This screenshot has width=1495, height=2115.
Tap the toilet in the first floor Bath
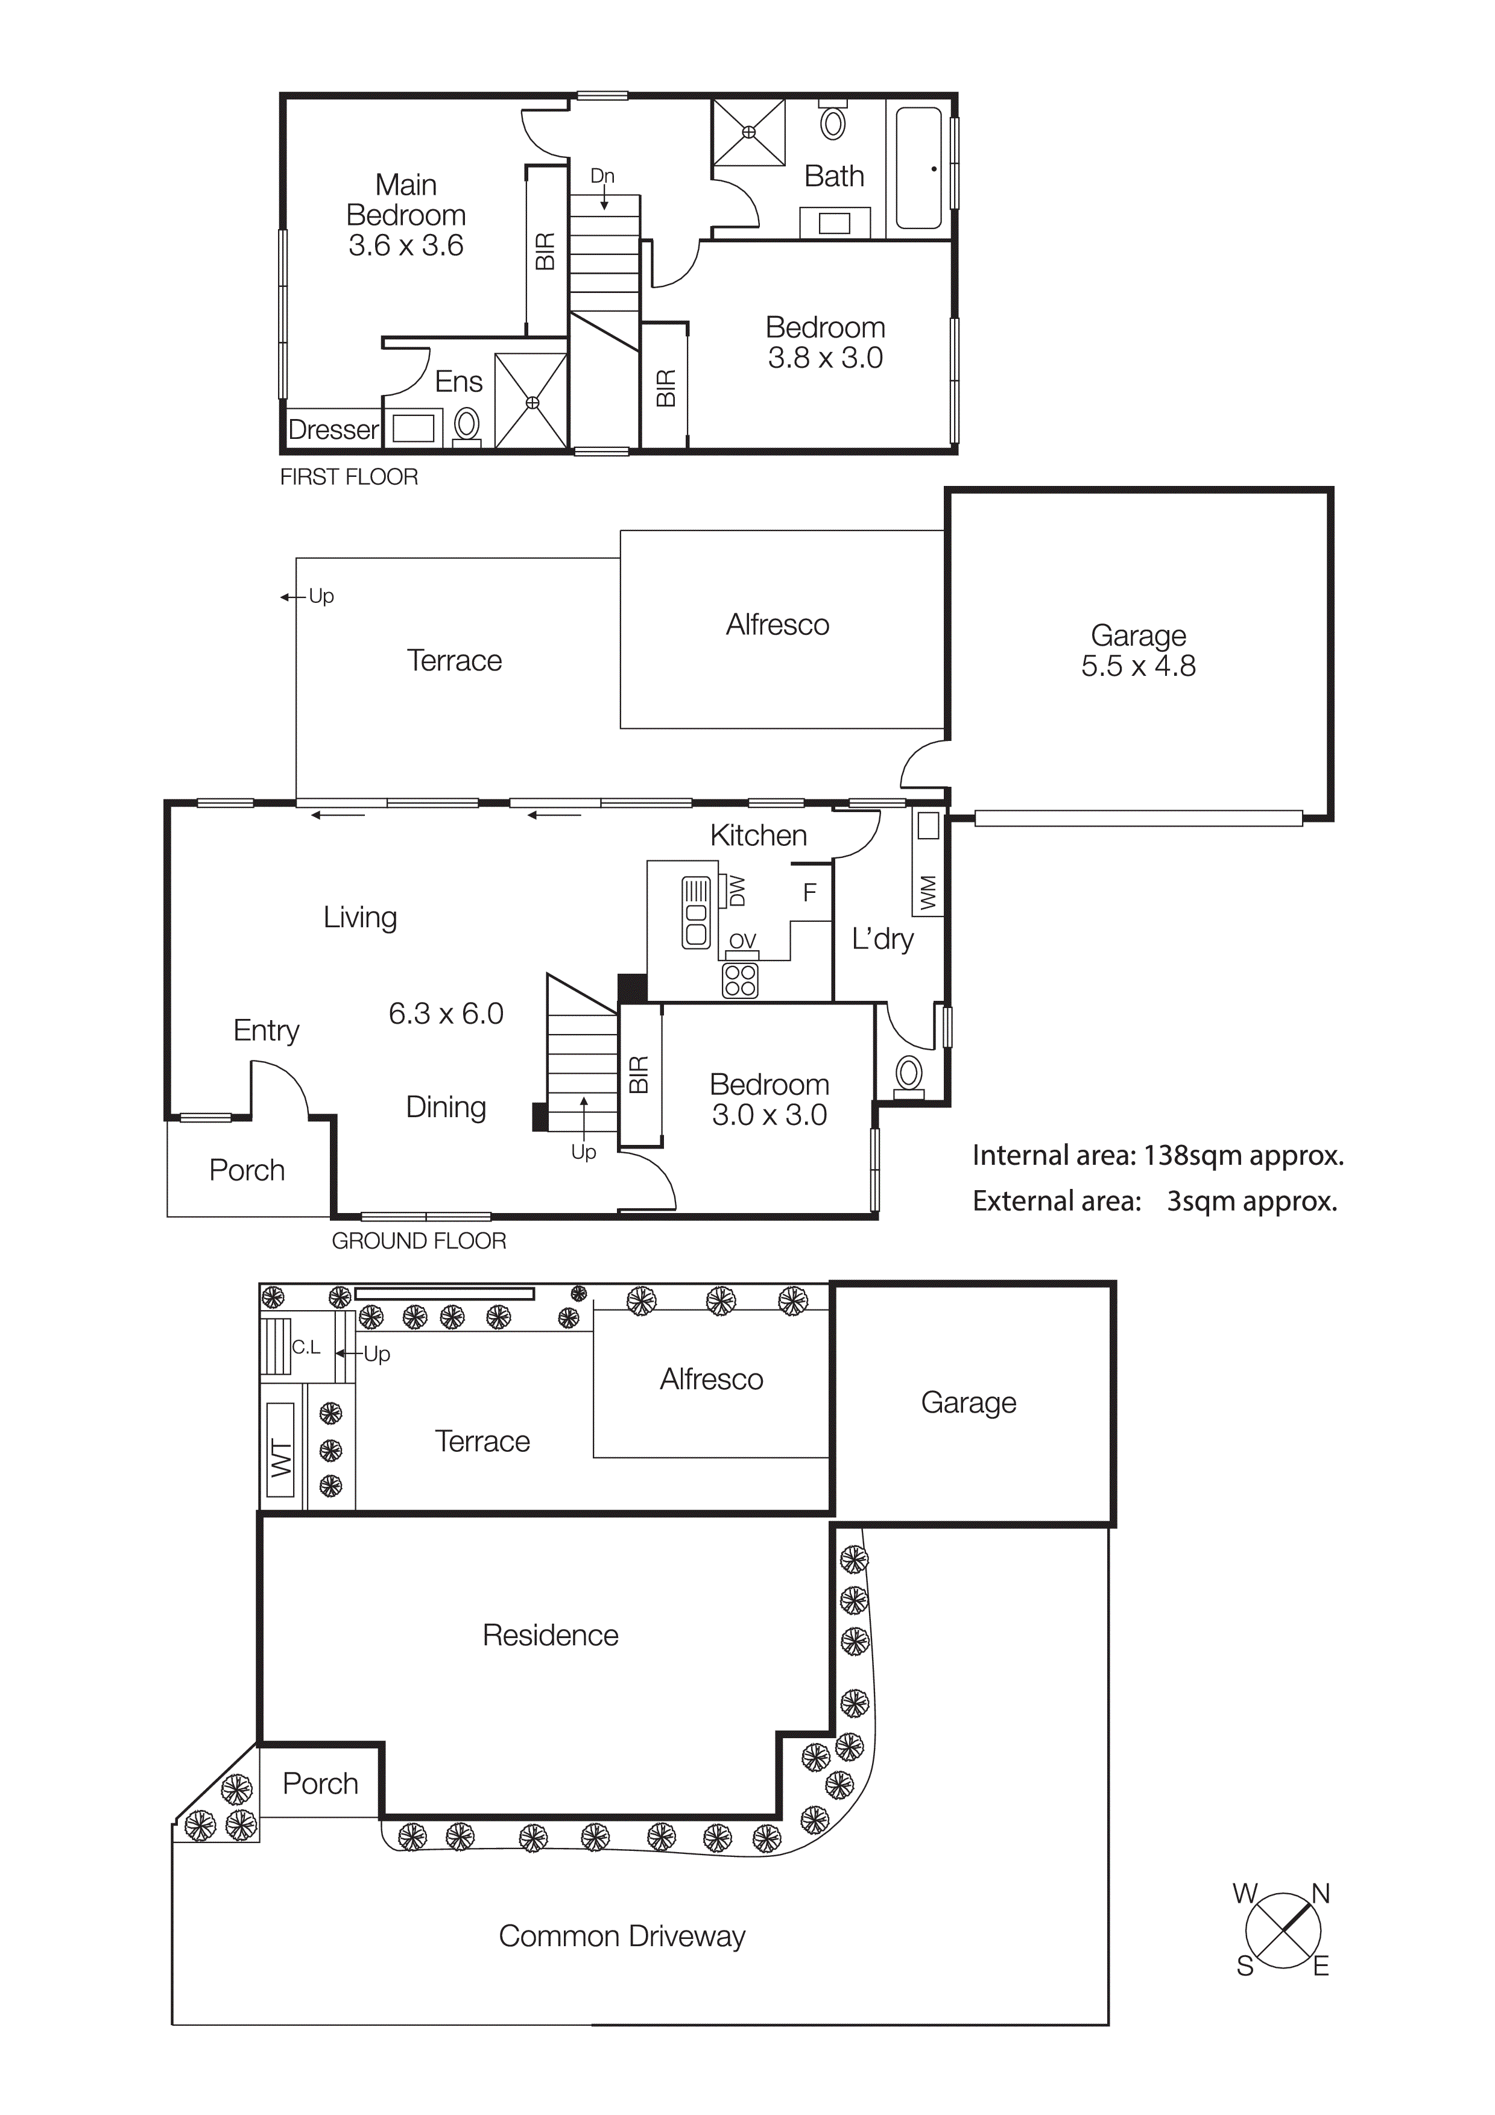click(x=833, y=122)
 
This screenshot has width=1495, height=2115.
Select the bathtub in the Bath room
click(x=918, y=168)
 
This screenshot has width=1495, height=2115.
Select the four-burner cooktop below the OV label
click(x=741, y=981)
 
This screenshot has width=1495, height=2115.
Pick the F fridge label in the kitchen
click(x=810, y=892)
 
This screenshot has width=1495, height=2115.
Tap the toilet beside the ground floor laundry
click(x=908, y=1074)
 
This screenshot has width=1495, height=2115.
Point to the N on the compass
click(x=1320, y=1894)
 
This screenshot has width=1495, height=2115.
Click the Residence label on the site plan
click(x=550, y=1635)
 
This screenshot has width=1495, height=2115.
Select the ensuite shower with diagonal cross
click(x=531, y=402)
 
